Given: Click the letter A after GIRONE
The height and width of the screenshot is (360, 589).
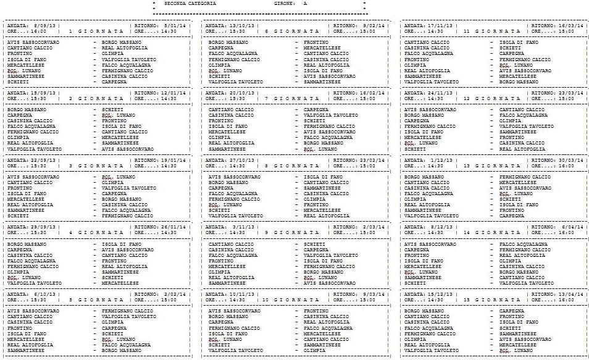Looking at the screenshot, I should (x=304, y=4).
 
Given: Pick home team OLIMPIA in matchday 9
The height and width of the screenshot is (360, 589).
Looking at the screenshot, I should (x=219, y=272).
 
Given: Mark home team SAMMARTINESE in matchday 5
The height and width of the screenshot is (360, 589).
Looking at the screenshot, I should (x=26, y=350).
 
